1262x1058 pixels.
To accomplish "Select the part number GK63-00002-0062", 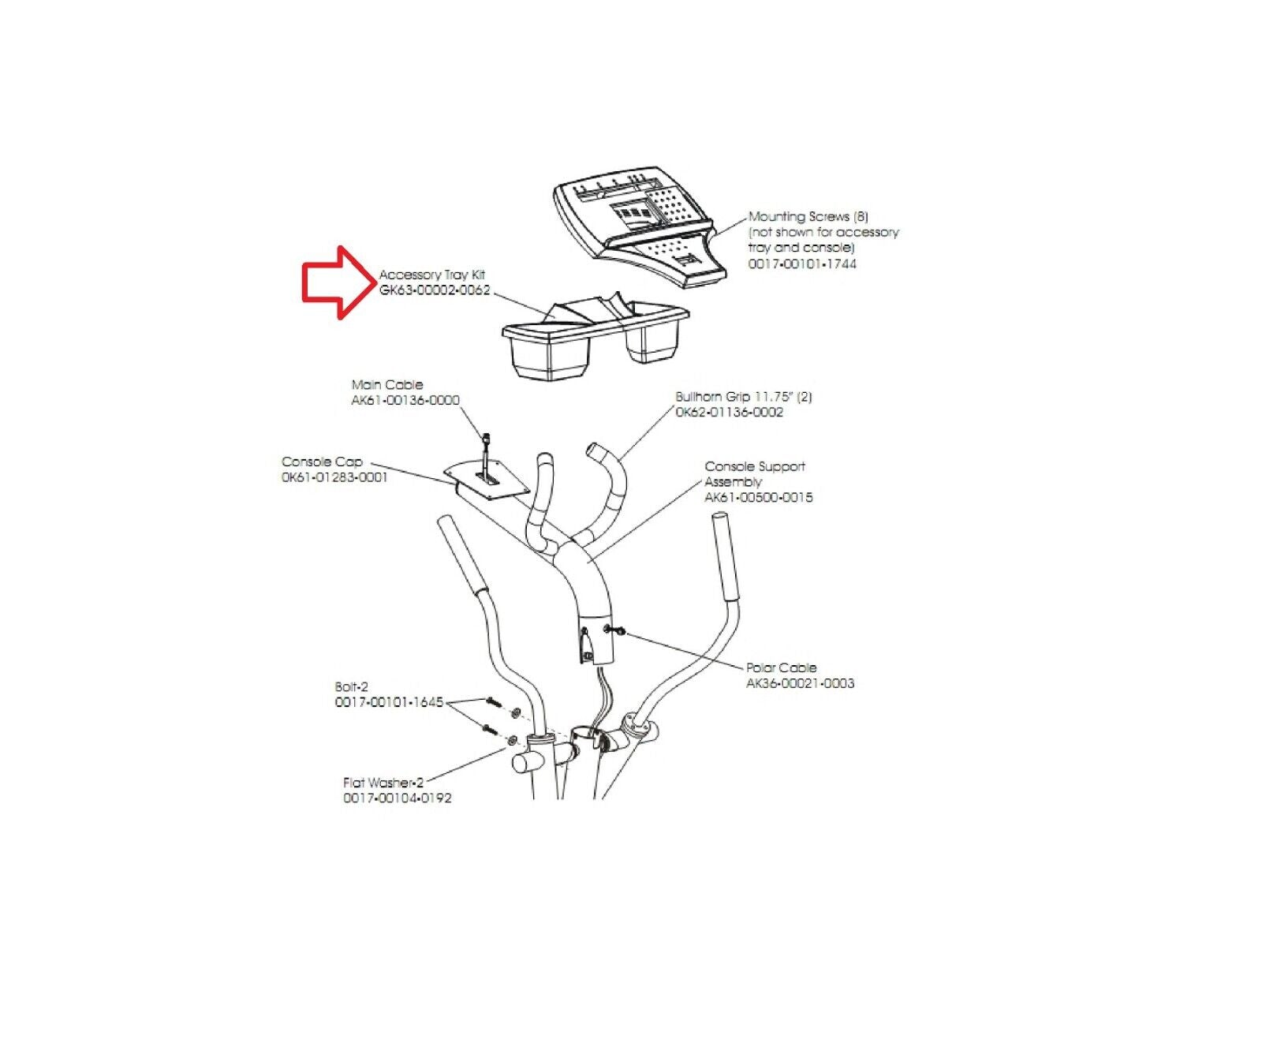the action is (435, 290).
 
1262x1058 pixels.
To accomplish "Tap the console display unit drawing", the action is (640, 228).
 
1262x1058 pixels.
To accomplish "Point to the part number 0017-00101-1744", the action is (802, 264).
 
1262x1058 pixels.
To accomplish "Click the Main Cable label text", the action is (387, 385).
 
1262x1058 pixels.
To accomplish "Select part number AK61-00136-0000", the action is (405, 400).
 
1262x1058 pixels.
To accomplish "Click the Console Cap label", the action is (322, 462).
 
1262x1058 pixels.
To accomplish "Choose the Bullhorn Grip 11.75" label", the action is (744, 397).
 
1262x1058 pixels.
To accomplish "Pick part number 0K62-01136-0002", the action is (730, 412).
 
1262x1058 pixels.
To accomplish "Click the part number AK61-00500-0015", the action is (759, 497).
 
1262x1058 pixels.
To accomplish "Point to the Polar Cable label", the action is (782, 667).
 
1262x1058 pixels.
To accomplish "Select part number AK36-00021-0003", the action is (801, 683).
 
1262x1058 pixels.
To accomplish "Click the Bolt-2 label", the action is (352, 687).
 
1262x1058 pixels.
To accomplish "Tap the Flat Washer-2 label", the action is (383, 783).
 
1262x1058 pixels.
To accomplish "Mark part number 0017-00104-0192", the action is (398, 798).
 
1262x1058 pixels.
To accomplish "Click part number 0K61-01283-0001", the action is (335, 477).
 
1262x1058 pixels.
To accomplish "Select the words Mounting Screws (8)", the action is (808, 216).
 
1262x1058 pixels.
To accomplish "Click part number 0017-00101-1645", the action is (390, 702).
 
